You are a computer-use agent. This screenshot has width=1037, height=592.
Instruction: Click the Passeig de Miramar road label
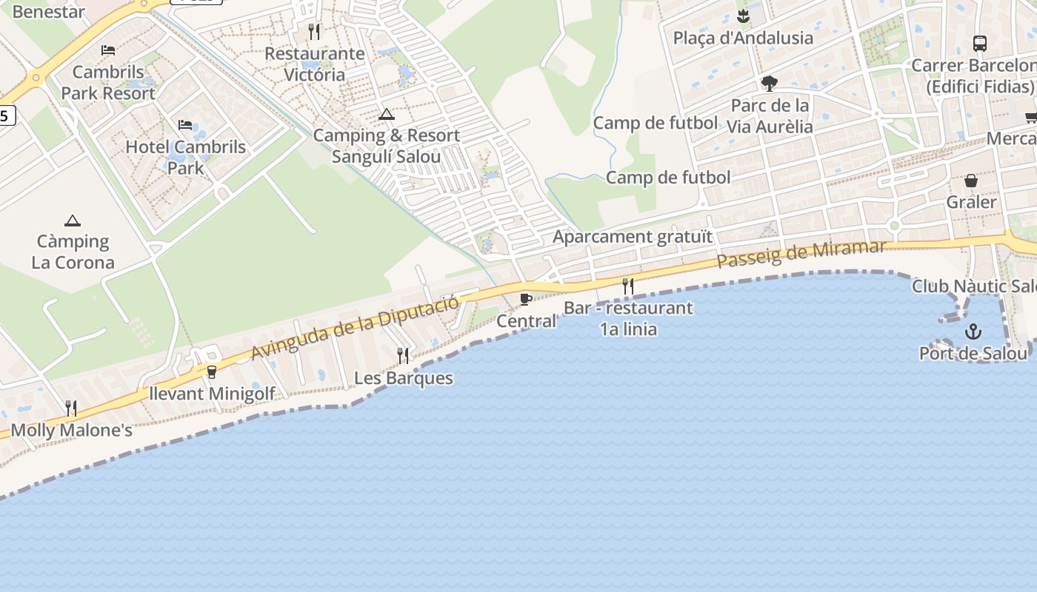[x=801, y=254]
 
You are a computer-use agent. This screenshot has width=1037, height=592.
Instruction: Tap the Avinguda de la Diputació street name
[x=355, y=325]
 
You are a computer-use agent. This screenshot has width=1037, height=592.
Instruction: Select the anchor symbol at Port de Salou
[x=973, y=332]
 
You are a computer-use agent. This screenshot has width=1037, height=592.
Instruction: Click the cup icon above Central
[x=525, y=300]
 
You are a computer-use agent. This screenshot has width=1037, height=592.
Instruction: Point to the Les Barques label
[x=403, y=378]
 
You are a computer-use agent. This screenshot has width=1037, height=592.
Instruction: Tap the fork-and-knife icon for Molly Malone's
[x=71, y=408]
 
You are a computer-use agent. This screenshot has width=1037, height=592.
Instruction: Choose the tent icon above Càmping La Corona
[x=72, y=221]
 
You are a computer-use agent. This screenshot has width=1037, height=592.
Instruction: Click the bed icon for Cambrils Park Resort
[x=108, y=50]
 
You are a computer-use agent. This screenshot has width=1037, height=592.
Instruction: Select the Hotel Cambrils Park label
[x=185, y=157]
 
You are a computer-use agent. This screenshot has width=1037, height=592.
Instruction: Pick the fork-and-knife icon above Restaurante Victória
[x=314, y=31]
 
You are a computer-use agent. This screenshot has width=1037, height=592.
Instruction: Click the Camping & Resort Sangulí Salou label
[x=386, y=146]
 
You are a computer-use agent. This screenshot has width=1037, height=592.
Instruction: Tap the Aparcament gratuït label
[x=633, y=237]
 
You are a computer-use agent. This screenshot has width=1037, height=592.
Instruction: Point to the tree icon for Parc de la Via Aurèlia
[x=769, y=83]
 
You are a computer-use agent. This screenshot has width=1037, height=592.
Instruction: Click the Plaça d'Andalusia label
[x=743, y=38]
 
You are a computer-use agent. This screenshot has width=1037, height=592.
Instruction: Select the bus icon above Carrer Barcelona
[x=979, y=43]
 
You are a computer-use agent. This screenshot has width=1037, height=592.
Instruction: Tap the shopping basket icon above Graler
[x=971, y=181]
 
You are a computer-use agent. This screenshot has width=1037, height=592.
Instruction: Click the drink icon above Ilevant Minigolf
[x=212, y=371]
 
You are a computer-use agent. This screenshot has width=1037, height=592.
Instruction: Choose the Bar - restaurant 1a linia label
[x=628, y=318]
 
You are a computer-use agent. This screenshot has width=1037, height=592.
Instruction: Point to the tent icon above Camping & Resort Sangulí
[x=386, y=115]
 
